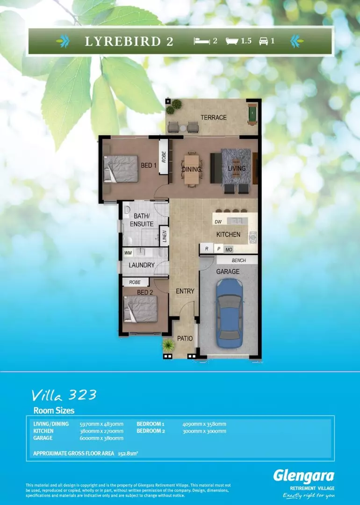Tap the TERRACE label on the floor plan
tap(214, 117)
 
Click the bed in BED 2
tap(140, 309)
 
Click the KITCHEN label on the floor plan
tap(228, 234)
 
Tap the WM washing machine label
tap(128, 253)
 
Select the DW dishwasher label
tap(217, 222)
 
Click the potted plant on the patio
tap(168, 346)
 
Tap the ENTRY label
tap(185, 291)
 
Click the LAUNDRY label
tap(142, 265)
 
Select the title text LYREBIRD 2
tap(129, 41)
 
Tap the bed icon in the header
tap(202, 41)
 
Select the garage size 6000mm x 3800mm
tap(101, 438)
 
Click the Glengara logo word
tap(303, 476)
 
